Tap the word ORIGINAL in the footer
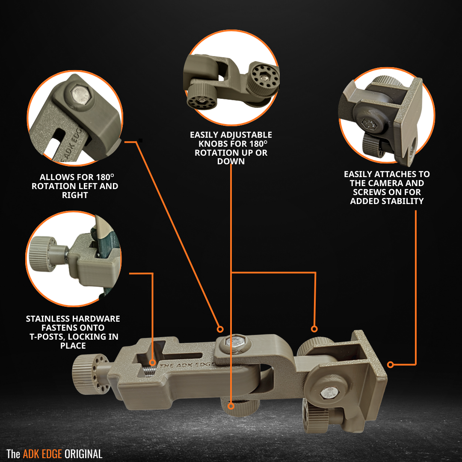(x=83, y=454)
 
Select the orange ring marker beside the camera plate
(x=390, y=364)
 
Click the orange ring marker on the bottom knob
(x=231, y=406)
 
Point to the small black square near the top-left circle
(x=141, y=140)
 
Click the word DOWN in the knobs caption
(x=231, y=161)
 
